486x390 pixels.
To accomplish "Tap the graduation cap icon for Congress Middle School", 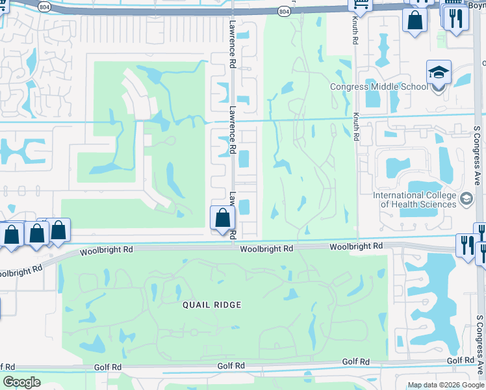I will pos(439,72).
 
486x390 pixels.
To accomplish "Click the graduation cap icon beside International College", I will pos(466,198).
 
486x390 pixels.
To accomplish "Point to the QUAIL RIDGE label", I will pos(212,304).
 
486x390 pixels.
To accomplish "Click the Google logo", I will pos(21,382).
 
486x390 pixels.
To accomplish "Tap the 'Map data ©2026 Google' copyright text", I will pos(446,385).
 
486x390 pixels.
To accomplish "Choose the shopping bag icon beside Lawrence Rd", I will pos(222,218).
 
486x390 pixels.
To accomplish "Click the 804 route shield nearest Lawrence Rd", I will pos(284,11).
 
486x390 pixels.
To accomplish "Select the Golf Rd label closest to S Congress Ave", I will pos(460,361).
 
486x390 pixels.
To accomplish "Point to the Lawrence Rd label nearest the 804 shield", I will pos(231,43).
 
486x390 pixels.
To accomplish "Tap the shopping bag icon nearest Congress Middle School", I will pos(415,19).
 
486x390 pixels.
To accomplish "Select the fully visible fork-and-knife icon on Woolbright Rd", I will pos(466,245).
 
